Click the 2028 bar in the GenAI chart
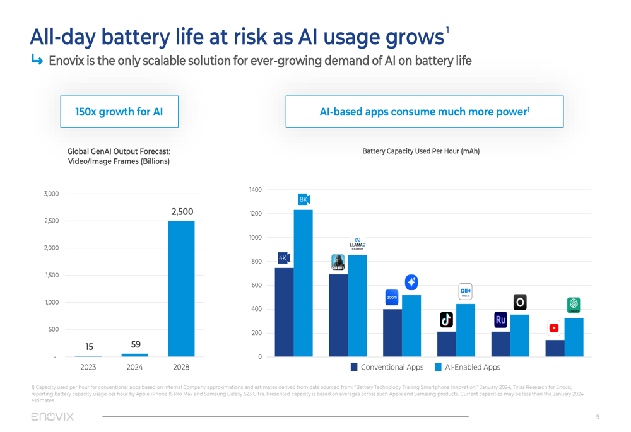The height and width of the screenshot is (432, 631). click(x=181, y=288)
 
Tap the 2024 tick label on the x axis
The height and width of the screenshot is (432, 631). click(x=134, y=367)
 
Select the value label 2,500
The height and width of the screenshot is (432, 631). click(x=182, y=212)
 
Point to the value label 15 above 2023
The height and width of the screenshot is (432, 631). click(x=89, y=347)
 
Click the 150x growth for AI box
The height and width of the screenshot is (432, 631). click(x=119, y=112)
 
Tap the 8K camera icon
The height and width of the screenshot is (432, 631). click(x=304, y=199)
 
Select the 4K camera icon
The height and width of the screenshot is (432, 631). click(x=284, y=257)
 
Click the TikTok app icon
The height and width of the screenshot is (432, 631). click(x=446, y=320)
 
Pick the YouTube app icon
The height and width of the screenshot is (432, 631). click(x=554, y=328)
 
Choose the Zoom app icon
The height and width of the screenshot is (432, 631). click(x=392, y=297)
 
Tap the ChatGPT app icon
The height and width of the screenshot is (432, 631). click(x=574, y=305)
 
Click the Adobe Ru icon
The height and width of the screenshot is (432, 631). click(x=500, y=320)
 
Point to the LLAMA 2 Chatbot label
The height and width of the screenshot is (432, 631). click(x=357, y=245)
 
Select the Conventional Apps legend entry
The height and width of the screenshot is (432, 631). click(x=387, y=367)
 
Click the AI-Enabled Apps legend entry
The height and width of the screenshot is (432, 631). click(x=467, y=367)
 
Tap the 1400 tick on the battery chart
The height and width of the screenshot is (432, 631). click(x=256, y=190)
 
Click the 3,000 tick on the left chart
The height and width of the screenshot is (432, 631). click(x=51, y=194)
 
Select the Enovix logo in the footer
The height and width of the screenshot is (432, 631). click(x=52, y=417)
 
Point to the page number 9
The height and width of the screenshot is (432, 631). click(x=598, y=417)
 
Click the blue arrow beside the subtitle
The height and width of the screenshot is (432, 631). click(x=37, y=61)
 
